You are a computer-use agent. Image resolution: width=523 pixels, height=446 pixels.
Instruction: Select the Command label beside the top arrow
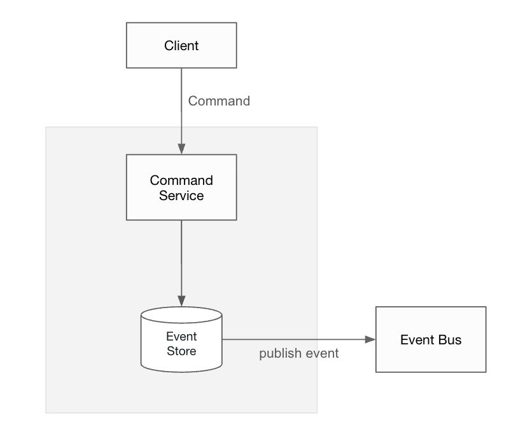point(219,101)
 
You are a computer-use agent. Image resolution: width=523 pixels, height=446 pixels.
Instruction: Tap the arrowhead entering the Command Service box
point(181,149)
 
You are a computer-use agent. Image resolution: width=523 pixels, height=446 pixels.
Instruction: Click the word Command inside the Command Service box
point(181,180)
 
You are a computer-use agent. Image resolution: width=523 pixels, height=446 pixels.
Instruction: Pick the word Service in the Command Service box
point(181,196)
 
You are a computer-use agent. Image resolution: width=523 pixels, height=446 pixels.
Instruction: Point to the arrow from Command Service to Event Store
point(181,260)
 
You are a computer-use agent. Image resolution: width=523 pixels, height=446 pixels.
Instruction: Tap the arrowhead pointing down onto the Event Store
point(181,301)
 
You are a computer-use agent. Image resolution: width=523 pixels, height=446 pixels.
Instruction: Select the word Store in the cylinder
point(181,351)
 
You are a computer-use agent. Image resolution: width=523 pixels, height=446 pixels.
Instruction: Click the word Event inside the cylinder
point(181,336)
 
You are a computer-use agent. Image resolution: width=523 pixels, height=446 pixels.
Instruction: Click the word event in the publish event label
point(321,354)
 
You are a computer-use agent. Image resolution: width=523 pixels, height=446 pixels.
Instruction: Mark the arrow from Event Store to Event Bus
point(293,340)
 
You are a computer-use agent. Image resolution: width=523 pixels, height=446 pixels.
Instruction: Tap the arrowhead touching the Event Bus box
point(370,340)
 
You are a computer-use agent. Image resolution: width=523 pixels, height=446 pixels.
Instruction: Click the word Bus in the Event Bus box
point(449,340)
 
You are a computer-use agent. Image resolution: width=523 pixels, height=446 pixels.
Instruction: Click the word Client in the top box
point(181,46)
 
